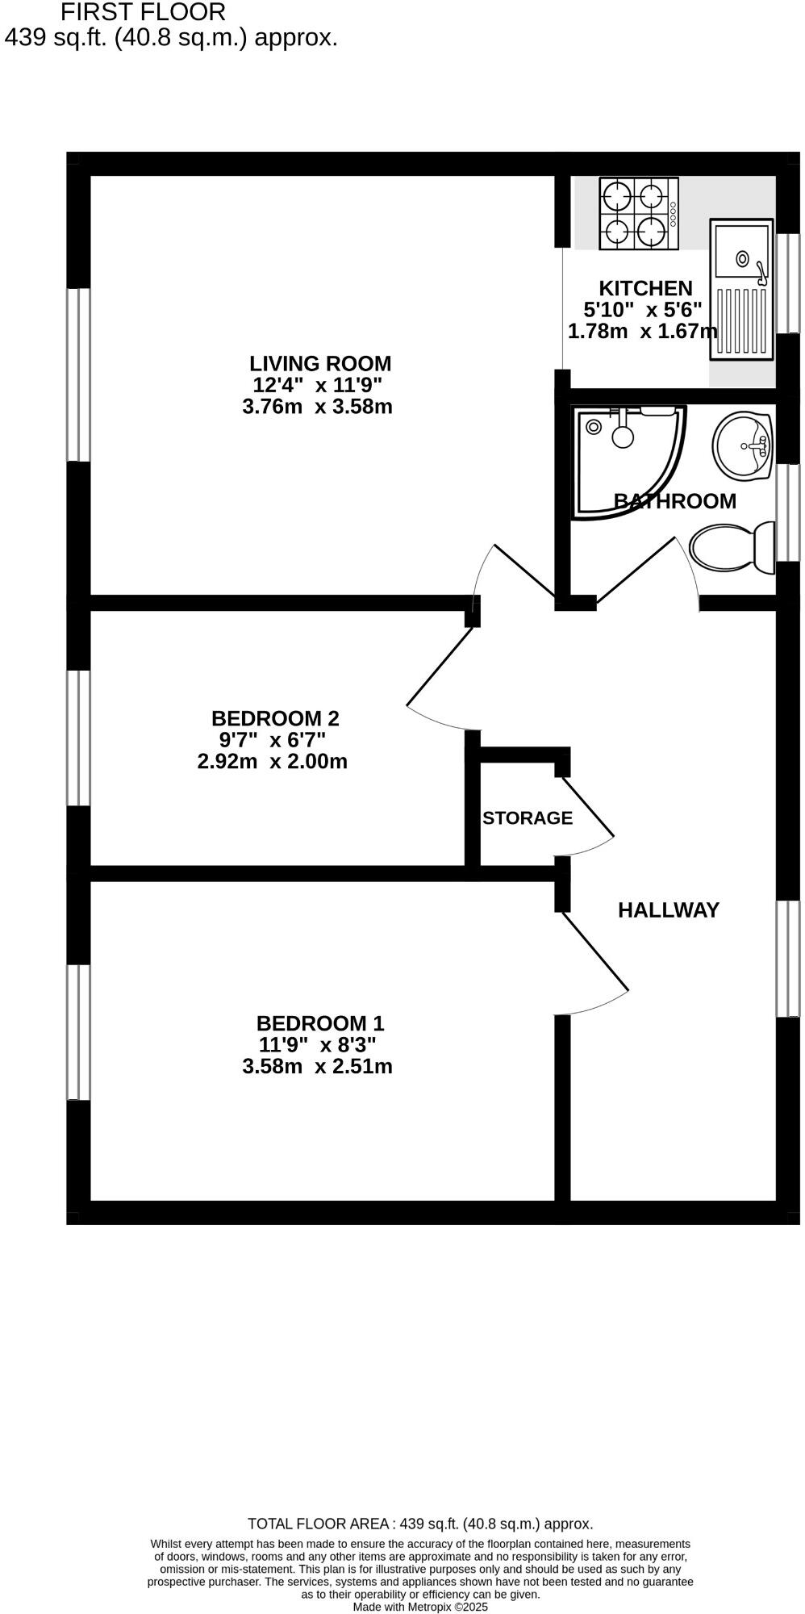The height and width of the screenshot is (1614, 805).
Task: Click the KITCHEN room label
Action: pos(645,288)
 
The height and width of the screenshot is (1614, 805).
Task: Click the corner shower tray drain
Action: pos(594,427)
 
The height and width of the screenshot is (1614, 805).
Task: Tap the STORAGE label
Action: pos(528,817)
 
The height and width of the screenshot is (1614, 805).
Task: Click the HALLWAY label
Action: pos(668,909)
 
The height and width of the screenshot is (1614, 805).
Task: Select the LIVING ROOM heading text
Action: pos(319,363)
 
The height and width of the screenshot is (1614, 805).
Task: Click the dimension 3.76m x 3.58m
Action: pos(317,407)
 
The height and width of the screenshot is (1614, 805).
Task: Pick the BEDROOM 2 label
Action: pos(275,717)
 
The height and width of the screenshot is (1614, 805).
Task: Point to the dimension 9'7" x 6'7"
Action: pos(272,739)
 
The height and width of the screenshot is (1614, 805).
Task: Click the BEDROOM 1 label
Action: pos(320,1023)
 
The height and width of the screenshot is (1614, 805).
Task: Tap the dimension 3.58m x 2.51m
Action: pos(317,1067)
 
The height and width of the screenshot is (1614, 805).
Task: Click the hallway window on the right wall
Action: pos(788,958)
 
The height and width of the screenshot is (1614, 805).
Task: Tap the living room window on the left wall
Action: pos(78,374)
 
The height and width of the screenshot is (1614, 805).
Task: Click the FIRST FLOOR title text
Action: pos(143,12)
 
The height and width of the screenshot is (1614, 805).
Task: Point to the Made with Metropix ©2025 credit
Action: pos(420,1607)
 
